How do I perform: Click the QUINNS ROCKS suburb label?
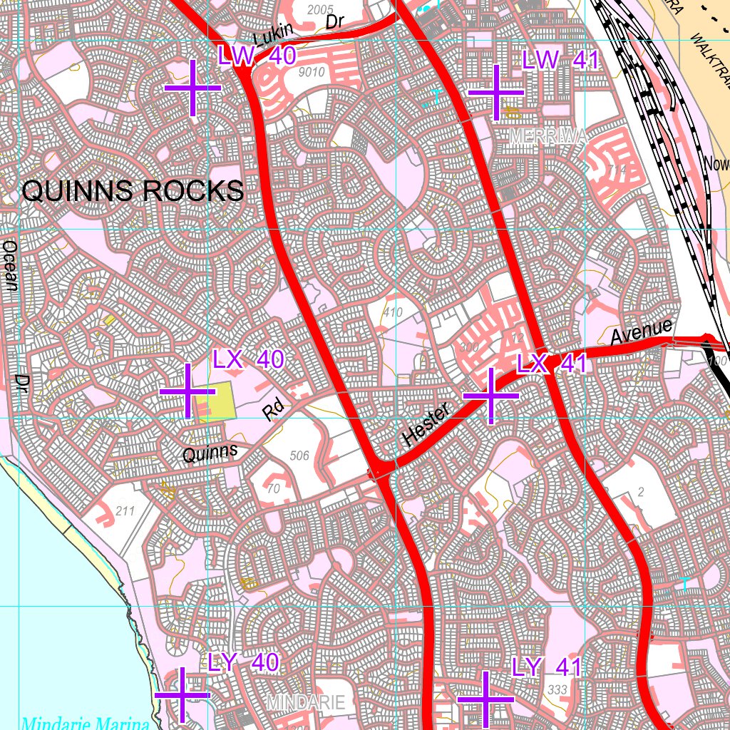pos(133,191)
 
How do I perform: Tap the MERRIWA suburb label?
pos(547,138)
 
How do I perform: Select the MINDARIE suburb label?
pos(306,702)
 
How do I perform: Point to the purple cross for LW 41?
pos(496,92)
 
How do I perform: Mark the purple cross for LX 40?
pos(188,391)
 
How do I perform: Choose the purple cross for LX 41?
pos(491,396)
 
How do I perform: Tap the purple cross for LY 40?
pos(181,694)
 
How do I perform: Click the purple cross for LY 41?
pos(485,699)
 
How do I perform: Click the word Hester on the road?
pos(426,425)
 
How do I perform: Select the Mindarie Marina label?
pos(85,723)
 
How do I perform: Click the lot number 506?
pos(300,456)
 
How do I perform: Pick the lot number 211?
pos(124,510)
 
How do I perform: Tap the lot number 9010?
pos(312,72)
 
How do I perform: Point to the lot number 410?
pos(392,312)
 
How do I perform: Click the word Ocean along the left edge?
pos(10,265)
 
